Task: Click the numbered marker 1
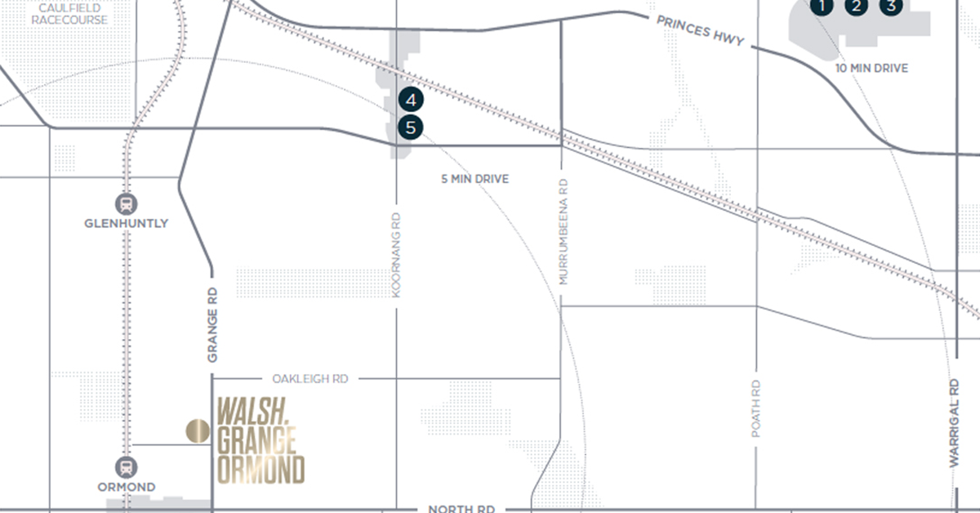822,7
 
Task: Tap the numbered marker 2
856,7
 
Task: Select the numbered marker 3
891,6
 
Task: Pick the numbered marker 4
411,100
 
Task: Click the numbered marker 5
411,127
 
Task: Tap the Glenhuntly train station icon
127,203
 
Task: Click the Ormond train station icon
127,467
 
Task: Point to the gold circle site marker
197,430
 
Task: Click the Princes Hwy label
701,29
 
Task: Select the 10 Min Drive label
871,69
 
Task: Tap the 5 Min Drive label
474,179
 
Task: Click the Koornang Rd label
397,254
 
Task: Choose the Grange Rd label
212,323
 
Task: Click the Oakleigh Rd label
310,379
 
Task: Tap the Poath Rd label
756,408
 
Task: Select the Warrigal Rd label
954,422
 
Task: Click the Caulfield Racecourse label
69,13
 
